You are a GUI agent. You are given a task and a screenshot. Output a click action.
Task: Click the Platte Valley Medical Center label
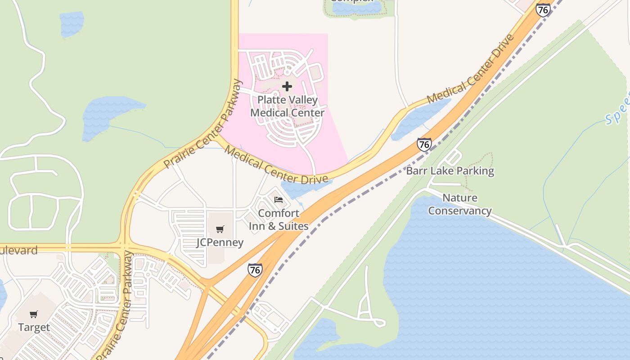click(x=287, y=106)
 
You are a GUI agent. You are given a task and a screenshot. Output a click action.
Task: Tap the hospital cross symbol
click(x=287, y=86)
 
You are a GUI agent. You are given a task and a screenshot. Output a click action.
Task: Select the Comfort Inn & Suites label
click(x=279, y=220)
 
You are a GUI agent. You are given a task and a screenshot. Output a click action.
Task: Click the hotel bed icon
click(x=279, y=199)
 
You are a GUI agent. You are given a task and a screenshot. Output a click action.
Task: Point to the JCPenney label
click(x=220, y=243)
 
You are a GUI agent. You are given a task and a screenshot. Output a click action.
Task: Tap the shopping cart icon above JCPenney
click(x=220, y=229)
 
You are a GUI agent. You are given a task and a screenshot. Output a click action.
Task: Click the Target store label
click(x=34, y=328)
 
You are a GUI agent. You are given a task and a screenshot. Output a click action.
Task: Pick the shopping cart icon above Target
click(x=34, y=314)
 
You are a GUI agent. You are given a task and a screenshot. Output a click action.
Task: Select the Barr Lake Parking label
click(x=450, y=171)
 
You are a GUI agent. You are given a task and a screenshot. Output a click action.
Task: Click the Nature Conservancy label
click(x=459, y=204)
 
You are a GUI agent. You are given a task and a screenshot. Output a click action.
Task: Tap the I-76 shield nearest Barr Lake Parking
click(x=424, y=144)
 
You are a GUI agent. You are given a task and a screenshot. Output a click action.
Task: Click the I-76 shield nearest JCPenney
click(x=255, y=270)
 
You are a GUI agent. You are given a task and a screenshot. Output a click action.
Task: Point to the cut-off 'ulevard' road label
click(x=19, y=251)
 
